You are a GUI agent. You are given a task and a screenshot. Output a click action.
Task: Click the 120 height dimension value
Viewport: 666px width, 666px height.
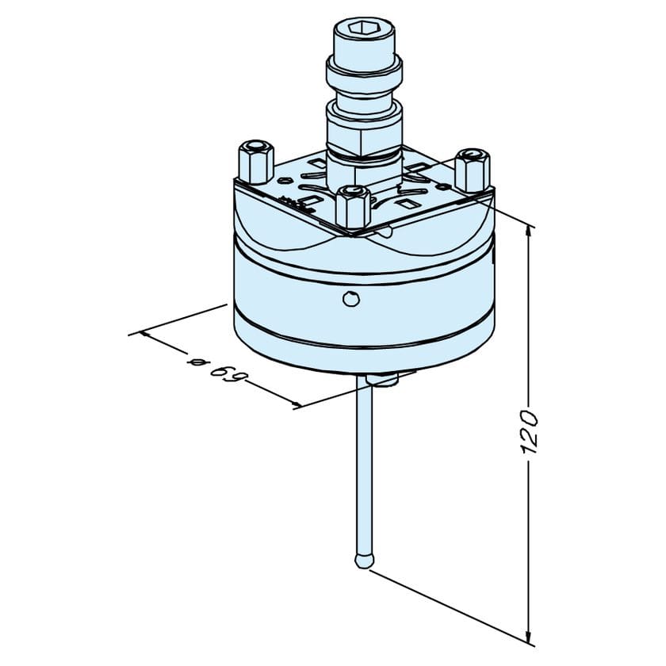coord(530,433)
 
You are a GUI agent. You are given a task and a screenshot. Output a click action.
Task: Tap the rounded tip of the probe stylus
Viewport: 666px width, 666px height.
coord(362,561)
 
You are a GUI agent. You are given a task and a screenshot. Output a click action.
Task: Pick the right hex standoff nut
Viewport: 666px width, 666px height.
coord(472,169)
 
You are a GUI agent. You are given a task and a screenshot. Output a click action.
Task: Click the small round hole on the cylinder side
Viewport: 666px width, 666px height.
coord(350,298)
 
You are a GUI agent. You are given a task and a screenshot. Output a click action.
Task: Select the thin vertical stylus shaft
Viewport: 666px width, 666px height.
coord(363,468)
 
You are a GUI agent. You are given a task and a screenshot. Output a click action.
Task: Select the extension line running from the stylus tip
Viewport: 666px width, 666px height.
coord(444,603)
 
